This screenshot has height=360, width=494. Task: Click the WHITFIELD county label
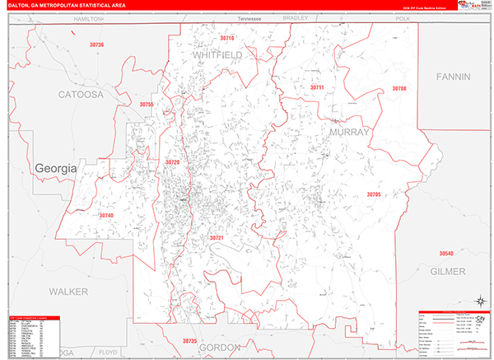tap(217, 54)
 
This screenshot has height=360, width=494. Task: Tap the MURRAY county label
tap(351, 132)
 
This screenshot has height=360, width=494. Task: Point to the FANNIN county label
tap(453, 77)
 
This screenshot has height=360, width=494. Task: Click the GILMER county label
tap(447, 271)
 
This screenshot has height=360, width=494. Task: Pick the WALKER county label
tap(68, 292)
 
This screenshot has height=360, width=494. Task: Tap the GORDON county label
tap(219, 347)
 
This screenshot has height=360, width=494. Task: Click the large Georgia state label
tap(55, 168)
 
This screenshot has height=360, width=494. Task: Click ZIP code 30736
tap(97, 44)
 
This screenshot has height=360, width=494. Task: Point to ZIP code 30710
tap(226, 38)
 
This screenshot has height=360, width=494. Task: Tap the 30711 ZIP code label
tap(317, 87)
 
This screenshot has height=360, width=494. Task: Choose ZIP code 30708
tap(398, 88)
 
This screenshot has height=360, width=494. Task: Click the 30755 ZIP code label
tap(147, 105)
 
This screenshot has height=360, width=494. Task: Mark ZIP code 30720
tap(172, 162)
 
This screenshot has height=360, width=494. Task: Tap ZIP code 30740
tap(105, 215)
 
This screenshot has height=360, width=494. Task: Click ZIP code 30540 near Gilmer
tap(445, 253)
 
